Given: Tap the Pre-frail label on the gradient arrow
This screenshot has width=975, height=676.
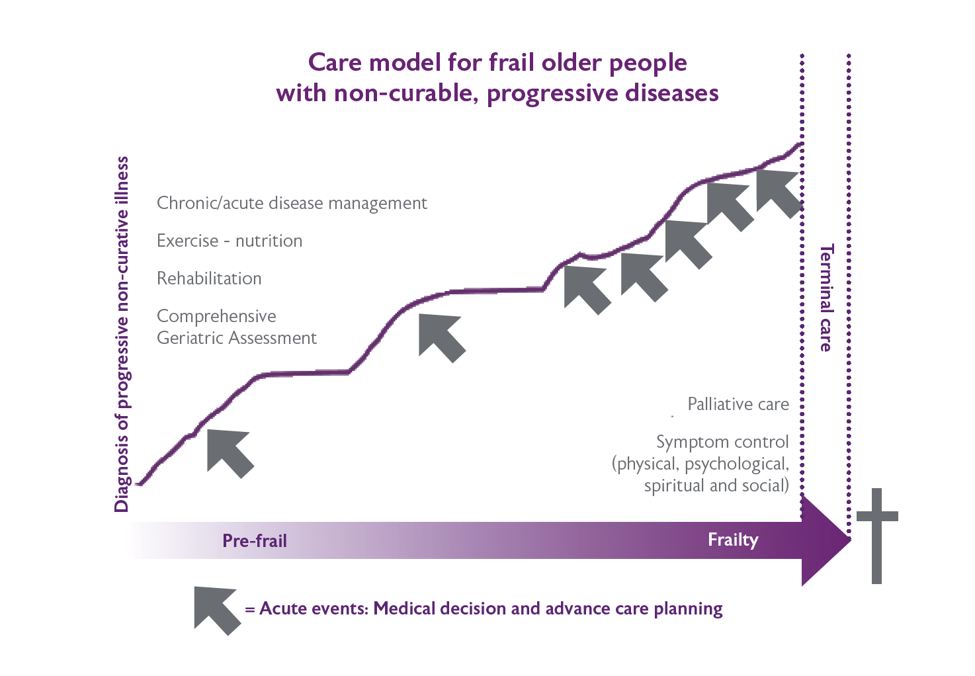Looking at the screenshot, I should pyautogui.click(x=255, y=541).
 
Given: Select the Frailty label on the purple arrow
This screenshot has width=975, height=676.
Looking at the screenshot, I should pyautogui.click(x=733, y=540).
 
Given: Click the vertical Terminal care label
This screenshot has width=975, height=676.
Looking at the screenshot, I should pyautogui.click(x=826, y=298).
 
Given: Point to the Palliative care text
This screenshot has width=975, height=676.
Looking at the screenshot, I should pyautogui.click(x=738, y=404).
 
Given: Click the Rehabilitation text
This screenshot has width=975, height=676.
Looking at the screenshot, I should pyautogui.click(x=209, y=278).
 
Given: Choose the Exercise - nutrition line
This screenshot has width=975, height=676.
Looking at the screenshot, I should pyautogui.click(x=230, y=241).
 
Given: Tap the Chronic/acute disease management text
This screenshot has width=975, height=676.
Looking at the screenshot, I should pyautogui.click(x=292, y=203).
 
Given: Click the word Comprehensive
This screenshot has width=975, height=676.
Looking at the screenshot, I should pyautogui.click(x=216, y=316).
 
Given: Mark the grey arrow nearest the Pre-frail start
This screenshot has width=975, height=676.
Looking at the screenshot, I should pyautogui.click(x=229, y=452).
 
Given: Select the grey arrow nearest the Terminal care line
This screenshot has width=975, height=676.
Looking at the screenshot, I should pyautogui.click(x=779, y=192).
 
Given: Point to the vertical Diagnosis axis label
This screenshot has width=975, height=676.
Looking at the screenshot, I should pyautogui.click(x=122, y=334).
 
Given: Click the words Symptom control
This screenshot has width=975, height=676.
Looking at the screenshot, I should pyautogui.click(x=722, y=442).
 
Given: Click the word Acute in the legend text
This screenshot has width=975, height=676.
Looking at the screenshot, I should pyautogui.click(x=280, y=609).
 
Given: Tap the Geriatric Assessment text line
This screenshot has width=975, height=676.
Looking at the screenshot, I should pyautogui.click(x=237, y=338).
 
